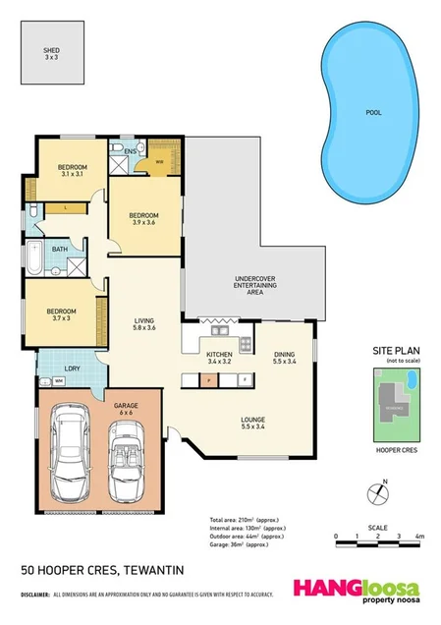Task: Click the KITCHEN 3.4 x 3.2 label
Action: pyautogui.click(x=218, y=357)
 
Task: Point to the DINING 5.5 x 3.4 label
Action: pyautogui.click(x=284, y=358)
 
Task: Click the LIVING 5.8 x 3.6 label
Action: pyautogui.click(x=145, y=323)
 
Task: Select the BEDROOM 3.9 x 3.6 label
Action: pyautogui.click(x=143, y=219)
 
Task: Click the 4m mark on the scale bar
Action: pyautogui.click(x=418, y=537)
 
